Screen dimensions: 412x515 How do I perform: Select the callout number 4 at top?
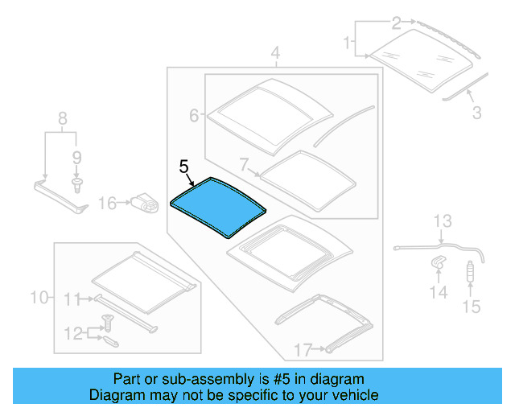(x=275, y=55)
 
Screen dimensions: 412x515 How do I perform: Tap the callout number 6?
(x=194, y=116)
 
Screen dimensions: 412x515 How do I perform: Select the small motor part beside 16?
(x=145, y=204)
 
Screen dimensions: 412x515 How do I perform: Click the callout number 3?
(x=477, y=113)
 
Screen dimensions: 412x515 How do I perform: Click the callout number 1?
(x=348, y=40)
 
